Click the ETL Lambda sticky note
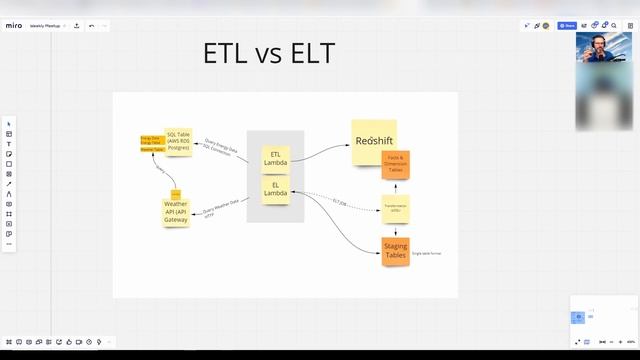pos(275,159)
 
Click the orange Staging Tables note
pos(396,253)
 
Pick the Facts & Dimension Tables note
pos(395,165)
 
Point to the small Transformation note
pos(395,208)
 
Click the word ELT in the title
pos(305,53)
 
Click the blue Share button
pos(567,25)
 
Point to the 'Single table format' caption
pos(426,253)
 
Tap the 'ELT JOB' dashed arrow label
pos(341,202)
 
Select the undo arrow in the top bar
pos(92,25)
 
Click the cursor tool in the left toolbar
pos(9,124)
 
